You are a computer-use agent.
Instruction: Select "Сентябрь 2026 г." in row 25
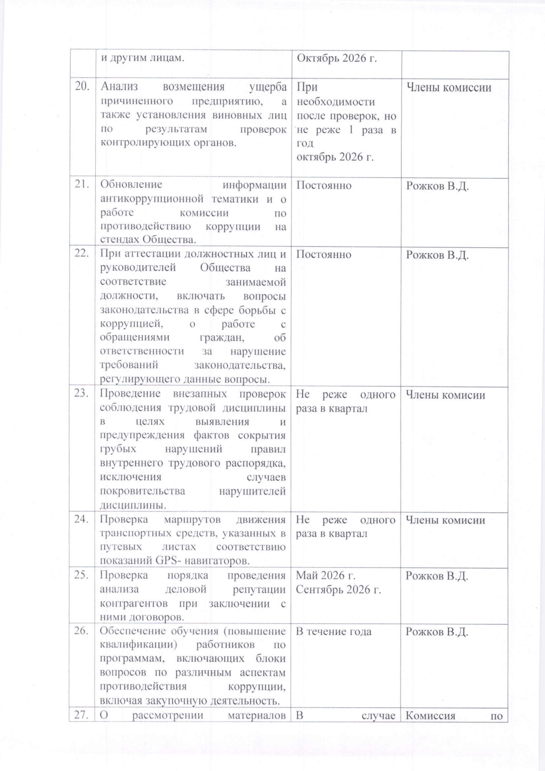point(338,599)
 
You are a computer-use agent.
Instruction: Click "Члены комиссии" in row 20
point(449,88)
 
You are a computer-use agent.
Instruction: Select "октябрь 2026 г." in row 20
point(335,157)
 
